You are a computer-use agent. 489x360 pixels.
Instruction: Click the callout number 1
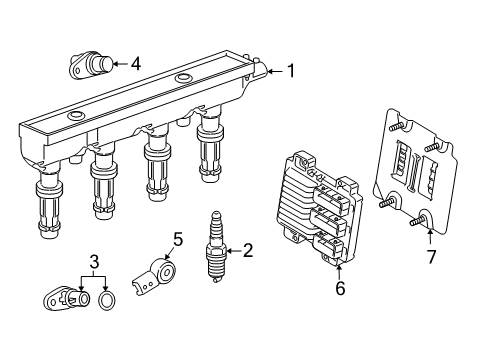(x=291, y=70)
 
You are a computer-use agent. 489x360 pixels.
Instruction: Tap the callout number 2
(x=248, y=251)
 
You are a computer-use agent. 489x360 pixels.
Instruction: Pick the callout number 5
(x=177, y=239)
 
